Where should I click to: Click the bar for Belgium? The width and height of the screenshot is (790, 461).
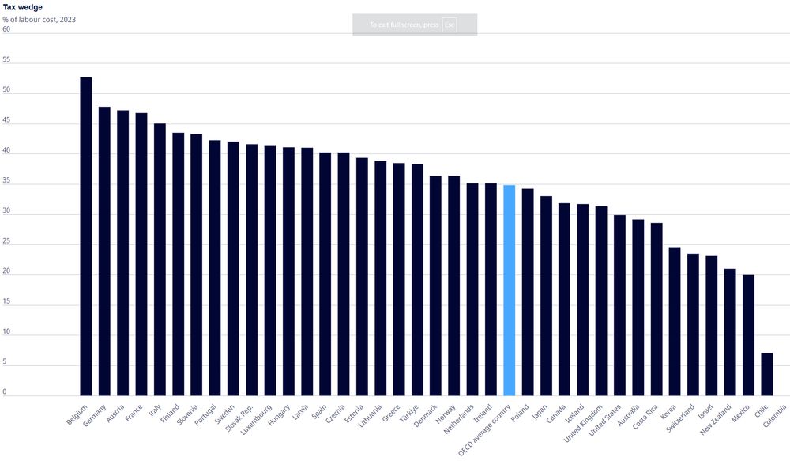[85, 237]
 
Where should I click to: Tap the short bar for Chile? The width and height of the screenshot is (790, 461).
[766, 375]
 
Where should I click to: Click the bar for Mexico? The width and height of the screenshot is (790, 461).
[748, 335]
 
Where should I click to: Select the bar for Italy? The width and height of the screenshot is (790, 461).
[160, 260]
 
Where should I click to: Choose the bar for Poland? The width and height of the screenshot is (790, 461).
[528, 293]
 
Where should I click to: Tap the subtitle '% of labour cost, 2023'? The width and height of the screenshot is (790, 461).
[39, 19]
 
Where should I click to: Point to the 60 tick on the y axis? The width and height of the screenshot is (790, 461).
[6, 29]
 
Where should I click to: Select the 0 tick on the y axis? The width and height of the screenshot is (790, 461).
[5, 392]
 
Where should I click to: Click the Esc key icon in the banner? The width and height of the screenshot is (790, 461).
[450, 25]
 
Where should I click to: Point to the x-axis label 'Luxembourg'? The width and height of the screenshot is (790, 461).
[258, 420]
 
